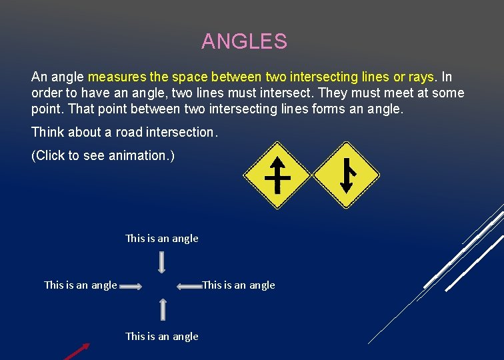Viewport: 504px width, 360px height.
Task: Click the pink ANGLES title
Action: coord(244,41)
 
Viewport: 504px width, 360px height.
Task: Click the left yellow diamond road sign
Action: coord(277,175)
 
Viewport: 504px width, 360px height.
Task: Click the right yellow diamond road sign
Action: coord(346,175)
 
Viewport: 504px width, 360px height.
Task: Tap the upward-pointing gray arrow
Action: coord(162,309)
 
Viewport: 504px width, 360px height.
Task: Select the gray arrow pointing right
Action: coord(131,287)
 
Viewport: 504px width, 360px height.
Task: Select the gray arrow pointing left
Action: coord(189,287)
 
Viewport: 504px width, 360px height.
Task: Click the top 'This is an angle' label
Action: coord(162,238)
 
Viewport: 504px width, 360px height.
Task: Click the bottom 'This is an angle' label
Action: coord(162,336)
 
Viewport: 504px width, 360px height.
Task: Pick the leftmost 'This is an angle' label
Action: coord(81,285)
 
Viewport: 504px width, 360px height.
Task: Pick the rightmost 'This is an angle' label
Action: coord(239,285)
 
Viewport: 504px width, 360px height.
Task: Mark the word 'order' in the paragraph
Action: coord(46,93)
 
